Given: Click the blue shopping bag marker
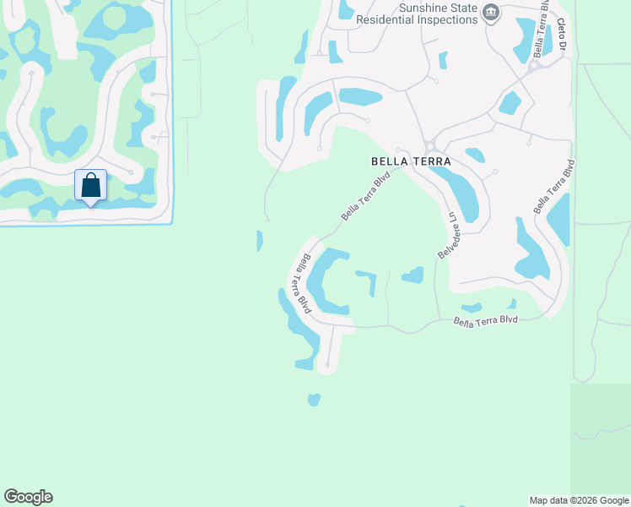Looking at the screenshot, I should (90, 185).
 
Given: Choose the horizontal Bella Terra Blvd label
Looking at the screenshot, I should (485, 320).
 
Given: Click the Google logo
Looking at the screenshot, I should (28, 497).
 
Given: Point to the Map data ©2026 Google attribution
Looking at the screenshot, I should (579, 500).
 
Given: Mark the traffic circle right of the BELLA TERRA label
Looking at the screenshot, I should (429, 147).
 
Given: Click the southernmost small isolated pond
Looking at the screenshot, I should (314, 399).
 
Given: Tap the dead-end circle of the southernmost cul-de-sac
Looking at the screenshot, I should (326, 365).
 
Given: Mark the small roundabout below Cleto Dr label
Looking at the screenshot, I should (535, 66).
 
